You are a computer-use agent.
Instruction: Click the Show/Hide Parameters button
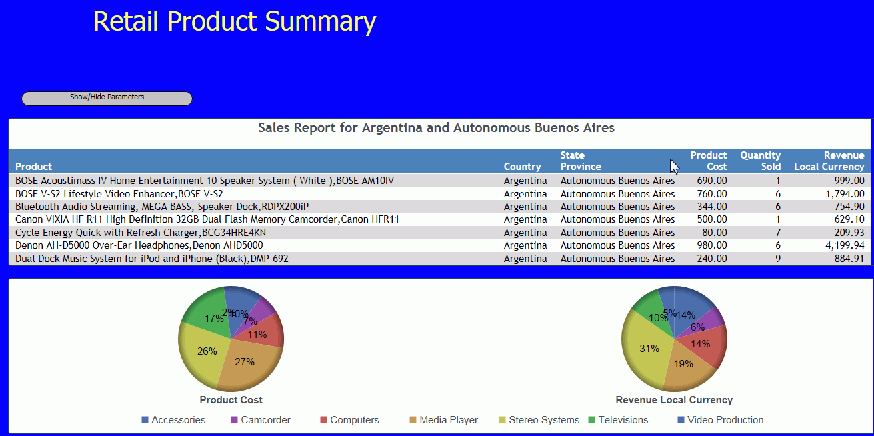click(107, 99)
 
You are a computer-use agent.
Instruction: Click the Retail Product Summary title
click(235, 21)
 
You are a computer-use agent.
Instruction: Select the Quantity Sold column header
click(761, 161)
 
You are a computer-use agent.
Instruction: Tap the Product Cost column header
click(709, 161)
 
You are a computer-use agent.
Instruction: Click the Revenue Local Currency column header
click(829, 161)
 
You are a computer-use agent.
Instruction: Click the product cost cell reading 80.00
click(715, 233)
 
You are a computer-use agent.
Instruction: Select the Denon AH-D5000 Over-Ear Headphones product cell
click(139, 245)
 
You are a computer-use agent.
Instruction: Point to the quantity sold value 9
click(778, 259)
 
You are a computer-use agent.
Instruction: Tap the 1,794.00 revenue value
click(845, 194)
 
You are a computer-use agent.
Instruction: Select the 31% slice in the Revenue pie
click(646, 349)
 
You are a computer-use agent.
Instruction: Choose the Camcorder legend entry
click(261, 420)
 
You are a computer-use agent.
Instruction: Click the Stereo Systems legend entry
click(539, 420)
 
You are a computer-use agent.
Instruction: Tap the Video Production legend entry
click(721, 420)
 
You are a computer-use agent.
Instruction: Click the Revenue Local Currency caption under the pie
click(674, 400)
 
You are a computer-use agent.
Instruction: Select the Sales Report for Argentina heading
click(436, 127)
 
